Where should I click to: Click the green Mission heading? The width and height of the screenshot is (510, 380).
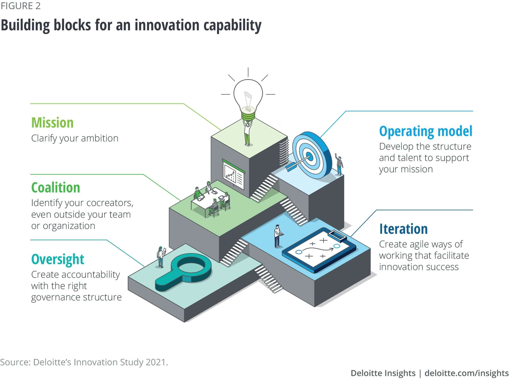point(52,123)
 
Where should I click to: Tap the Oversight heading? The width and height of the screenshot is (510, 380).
point(58,259)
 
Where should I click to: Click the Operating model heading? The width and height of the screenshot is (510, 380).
point(426,131)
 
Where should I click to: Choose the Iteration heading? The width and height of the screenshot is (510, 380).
point(403,229)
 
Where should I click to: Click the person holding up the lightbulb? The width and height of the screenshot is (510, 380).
point(247,133)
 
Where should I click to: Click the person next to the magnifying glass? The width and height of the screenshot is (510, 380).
point(161,257)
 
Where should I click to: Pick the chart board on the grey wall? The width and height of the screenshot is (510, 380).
point(233,174)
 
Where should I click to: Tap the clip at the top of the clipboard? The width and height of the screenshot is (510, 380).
point(337,235)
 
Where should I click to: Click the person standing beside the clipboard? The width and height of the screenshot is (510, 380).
point(278,236)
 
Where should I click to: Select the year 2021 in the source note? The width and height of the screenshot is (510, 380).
point(157,362)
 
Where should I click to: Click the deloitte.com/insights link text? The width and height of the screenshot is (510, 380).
point(466,373)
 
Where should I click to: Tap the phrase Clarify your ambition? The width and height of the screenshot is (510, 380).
point(75,138)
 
